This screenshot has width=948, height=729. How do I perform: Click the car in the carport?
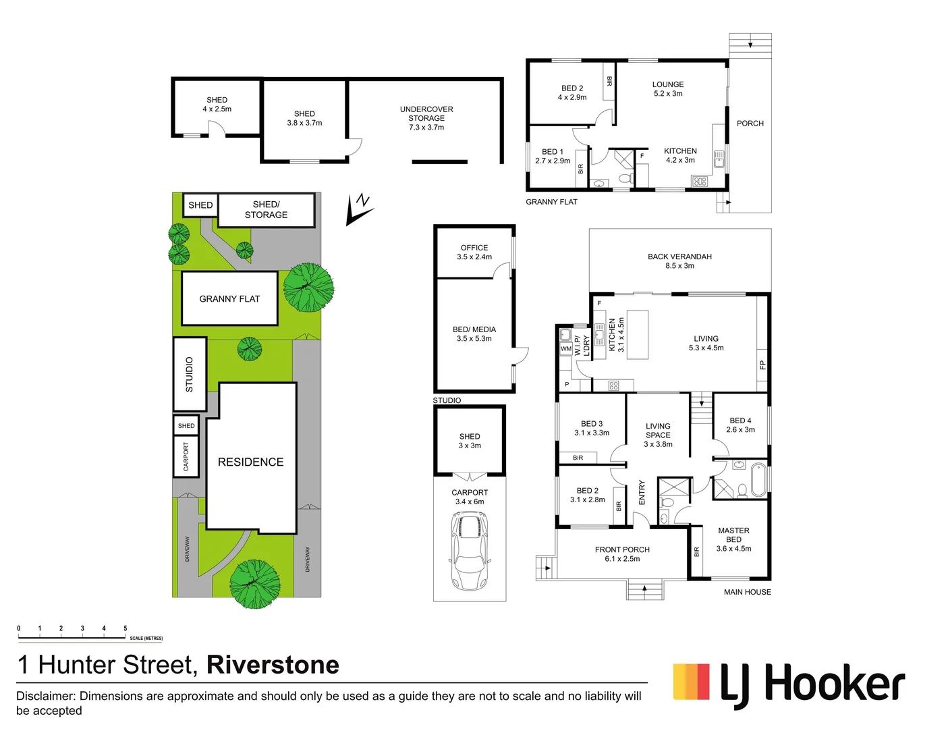pyautogui.click(x=470, y=550)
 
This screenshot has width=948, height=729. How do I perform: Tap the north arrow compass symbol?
pyautogui.click(x=359, y=210)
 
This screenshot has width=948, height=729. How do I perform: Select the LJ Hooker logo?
pyautogui.click(x=789, y=684)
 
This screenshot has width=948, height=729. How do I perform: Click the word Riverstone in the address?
pyautogui.click(x=273, y=665)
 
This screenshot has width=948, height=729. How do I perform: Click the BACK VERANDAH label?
pyautogui.click(x=679, y=256)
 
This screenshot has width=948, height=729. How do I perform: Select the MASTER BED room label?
pyautogui.click(x=733, y=535)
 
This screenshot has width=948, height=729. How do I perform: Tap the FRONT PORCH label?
pyautogui.click(x=622, y=550)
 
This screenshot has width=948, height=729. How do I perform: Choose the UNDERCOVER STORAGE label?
pyautogui.click(x=426, y=113)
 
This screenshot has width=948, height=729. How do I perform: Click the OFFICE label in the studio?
pyautogui.click(x=474, y=248)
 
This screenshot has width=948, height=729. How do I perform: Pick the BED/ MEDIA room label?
pyautogui.click(x=474, y=329)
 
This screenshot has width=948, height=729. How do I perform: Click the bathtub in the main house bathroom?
pyautogui.click(x=759, y=480)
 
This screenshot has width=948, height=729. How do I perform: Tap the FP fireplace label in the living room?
pyautogui.click(x=762, y=365)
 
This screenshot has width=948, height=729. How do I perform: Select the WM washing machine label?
pyautogui.click(x=566, y=349)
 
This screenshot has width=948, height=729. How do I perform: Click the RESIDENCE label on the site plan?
pyautogui.click(x=250, y=462)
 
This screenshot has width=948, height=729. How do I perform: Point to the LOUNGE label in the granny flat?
pyautogui.click(x=668, y=84)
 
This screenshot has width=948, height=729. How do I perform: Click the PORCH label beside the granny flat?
pyautogui.click(x=750, y=124)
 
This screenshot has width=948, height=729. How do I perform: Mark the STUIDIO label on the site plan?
pyautogui.click(x=190, y=375)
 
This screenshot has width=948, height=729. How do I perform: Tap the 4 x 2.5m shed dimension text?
pyautogui.click(x=217, y=109)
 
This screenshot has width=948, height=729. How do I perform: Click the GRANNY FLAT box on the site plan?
pyautogui.click(x=229, y=299)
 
